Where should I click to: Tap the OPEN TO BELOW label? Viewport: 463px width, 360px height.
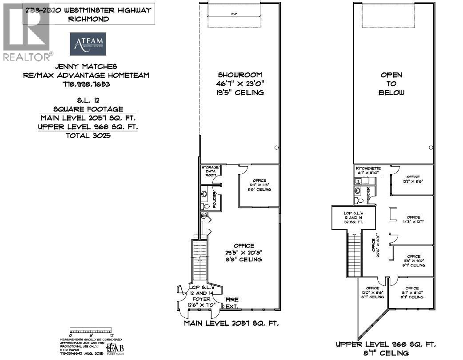[391, 84]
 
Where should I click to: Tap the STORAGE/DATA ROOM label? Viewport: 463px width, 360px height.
[211, 171]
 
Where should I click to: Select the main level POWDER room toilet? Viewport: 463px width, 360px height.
[205, 206]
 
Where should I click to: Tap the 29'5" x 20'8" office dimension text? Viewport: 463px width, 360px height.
[243, 252]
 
